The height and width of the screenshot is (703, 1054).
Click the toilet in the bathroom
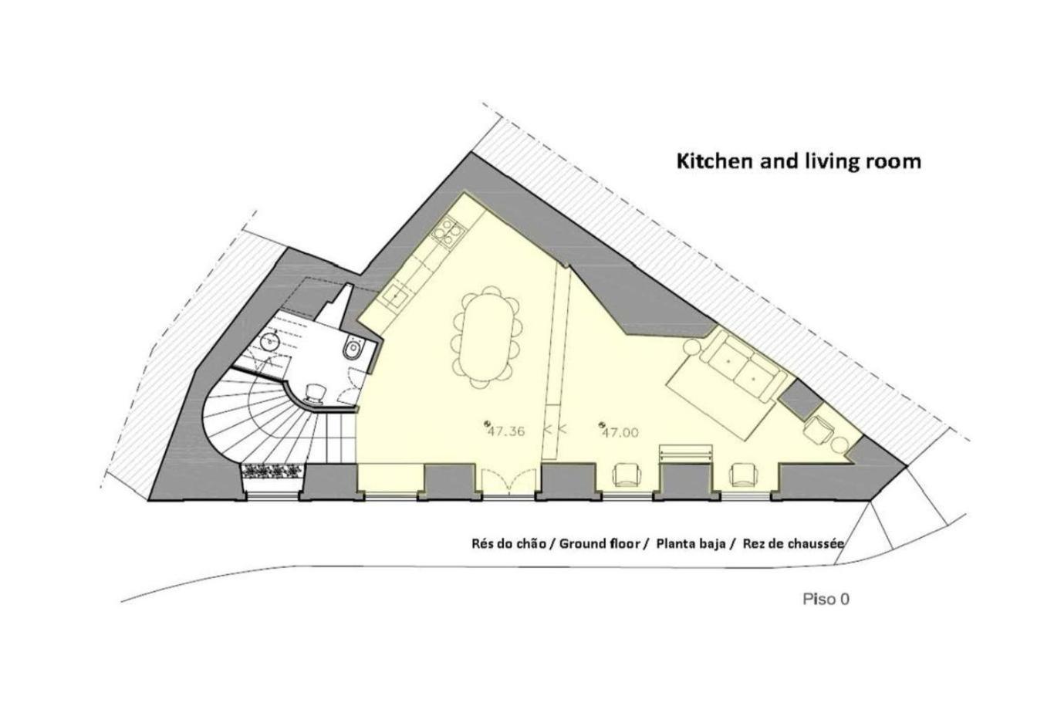pyautogui.click(x=353, y=349)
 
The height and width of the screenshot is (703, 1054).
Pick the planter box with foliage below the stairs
pyautogui.click(x=273, y=471)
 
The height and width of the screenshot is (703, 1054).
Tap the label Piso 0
pyautogui.click(x=826, y=600)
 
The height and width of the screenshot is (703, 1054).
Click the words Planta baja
pyautogui.click(x=691, y=544)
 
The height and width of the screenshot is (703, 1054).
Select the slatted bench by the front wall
pyautogui.click(x=684, y=453)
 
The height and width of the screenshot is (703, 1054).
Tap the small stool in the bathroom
pyautogui.click(x=314, y=392)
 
